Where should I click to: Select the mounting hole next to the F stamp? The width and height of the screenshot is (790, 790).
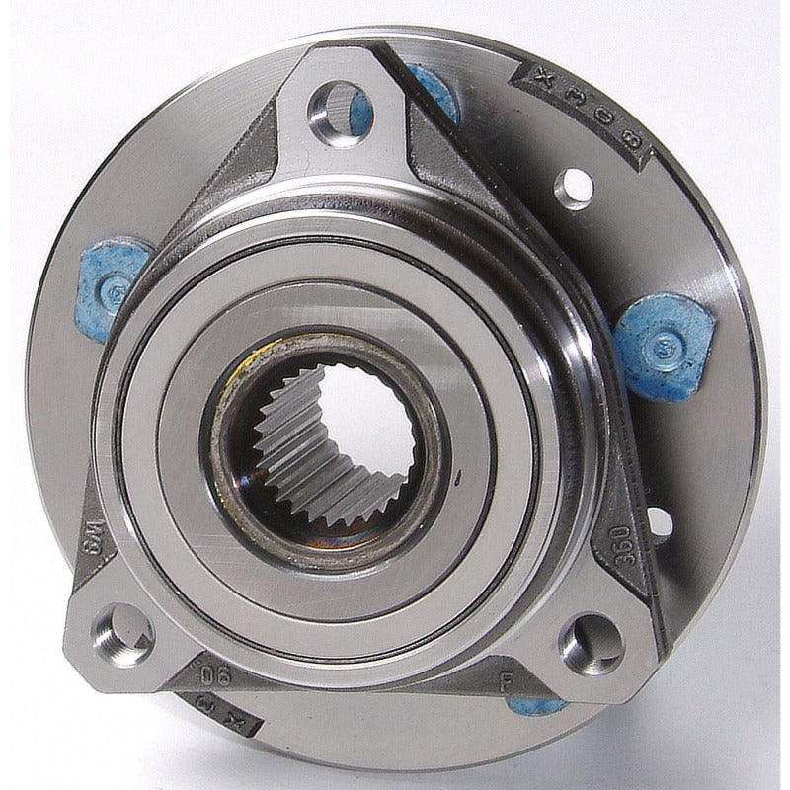590,642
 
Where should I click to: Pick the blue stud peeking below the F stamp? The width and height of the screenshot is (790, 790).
538,705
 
